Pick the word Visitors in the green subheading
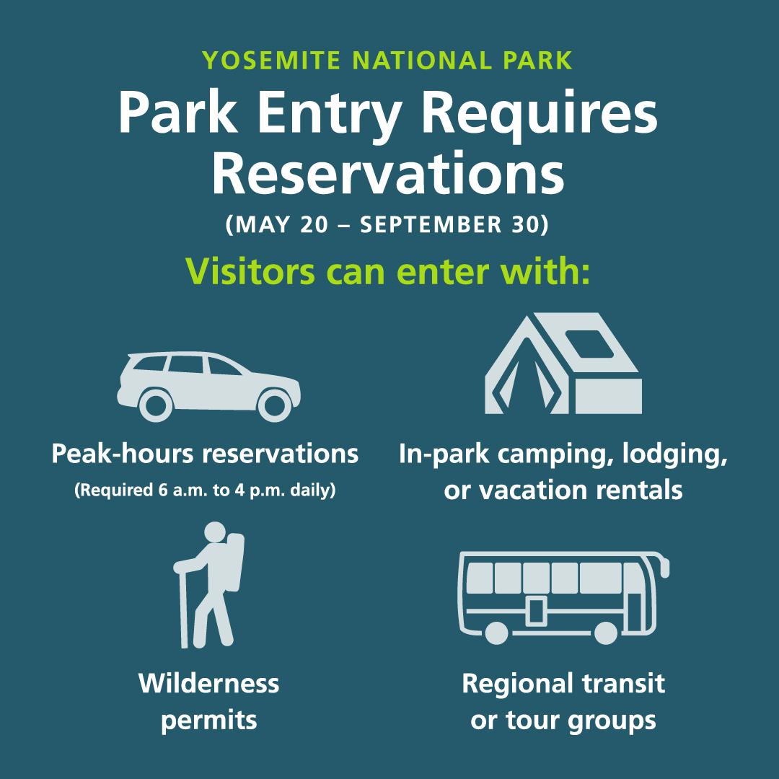click(x=250, y=273)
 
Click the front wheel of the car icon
click(x=274, y=405)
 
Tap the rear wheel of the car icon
click(x=155, y=405)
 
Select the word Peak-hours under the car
click(x=123, y=454)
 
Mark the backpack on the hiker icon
click(x=235, y=563)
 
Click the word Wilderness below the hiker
click(x=208, y=683)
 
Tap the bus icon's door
click(x=536, y=611)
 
